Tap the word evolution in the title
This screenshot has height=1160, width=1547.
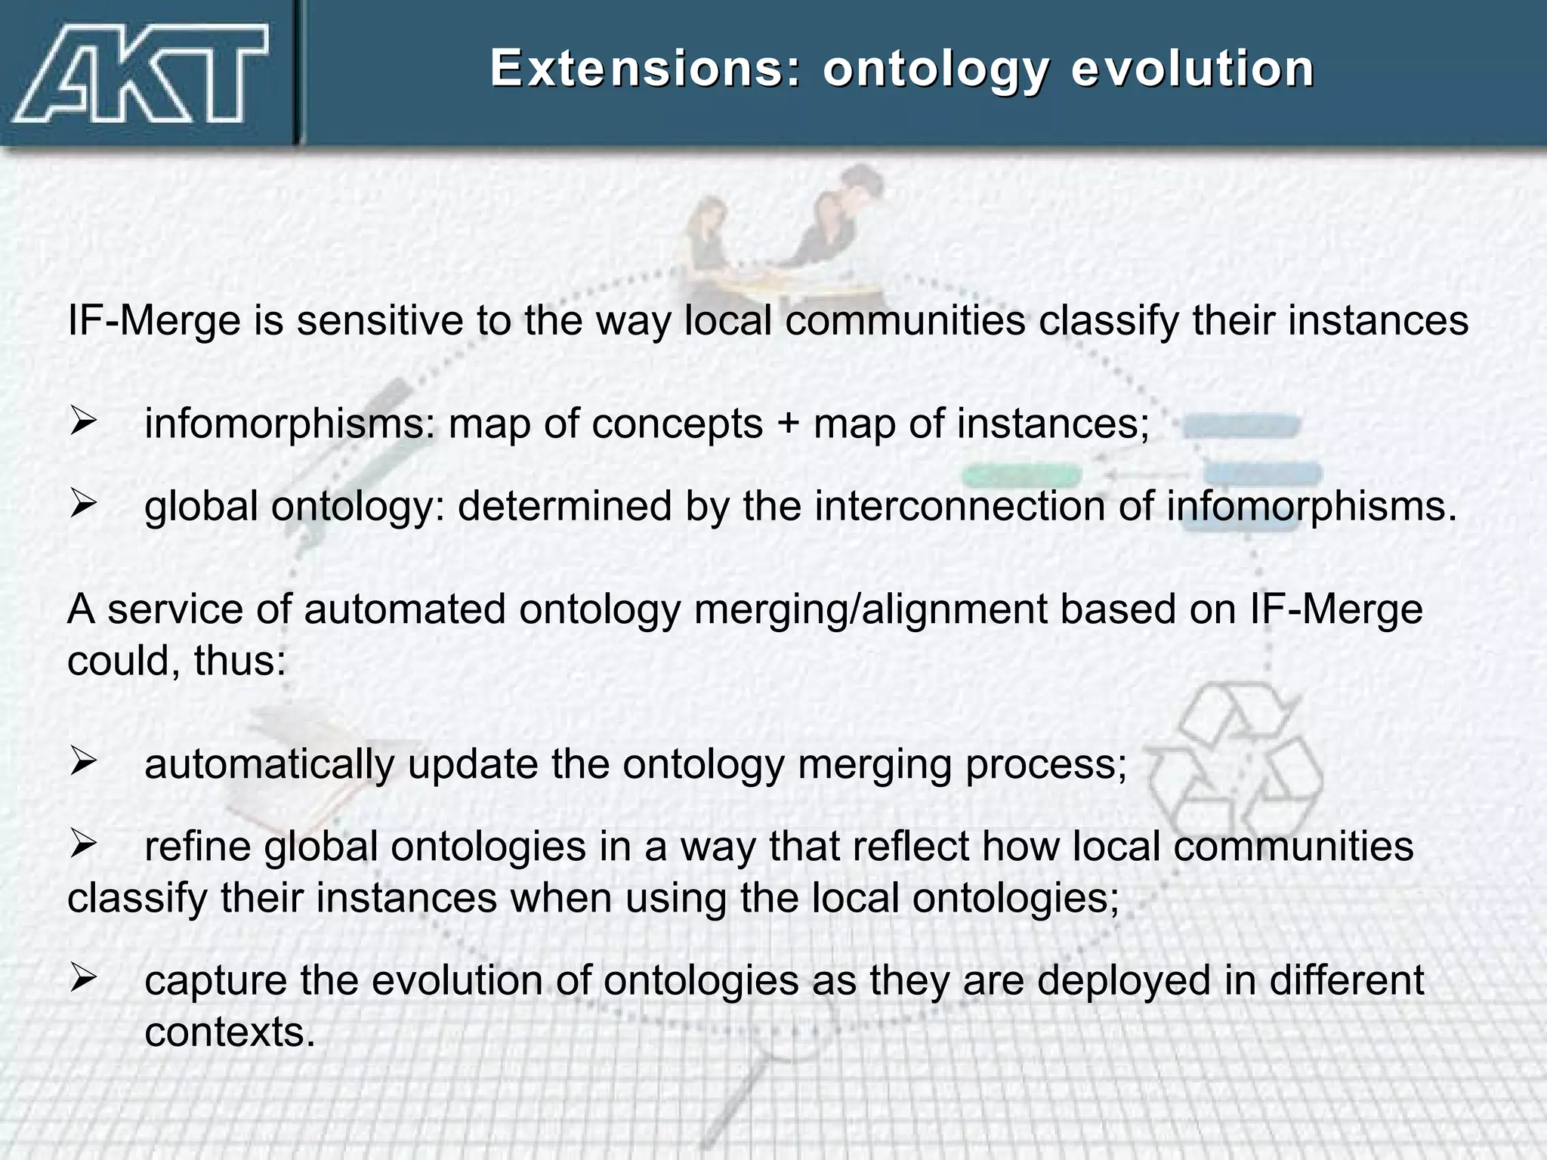1193,69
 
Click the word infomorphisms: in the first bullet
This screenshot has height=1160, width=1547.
290,423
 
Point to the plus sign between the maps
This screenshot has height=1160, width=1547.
787,423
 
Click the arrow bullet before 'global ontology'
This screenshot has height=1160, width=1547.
83,503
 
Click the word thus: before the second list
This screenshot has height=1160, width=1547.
239,661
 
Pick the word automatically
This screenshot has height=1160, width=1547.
269,764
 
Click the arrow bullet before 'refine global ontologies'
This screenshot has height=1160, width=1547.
83,843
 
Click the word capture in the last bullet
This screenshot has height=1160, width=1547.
215,980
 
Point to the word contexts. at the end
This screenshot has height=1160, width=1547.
230,1032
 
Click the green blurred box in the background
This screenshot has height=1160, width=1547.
1021,476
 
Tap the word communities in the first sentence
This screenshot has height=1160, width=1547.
905,320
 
